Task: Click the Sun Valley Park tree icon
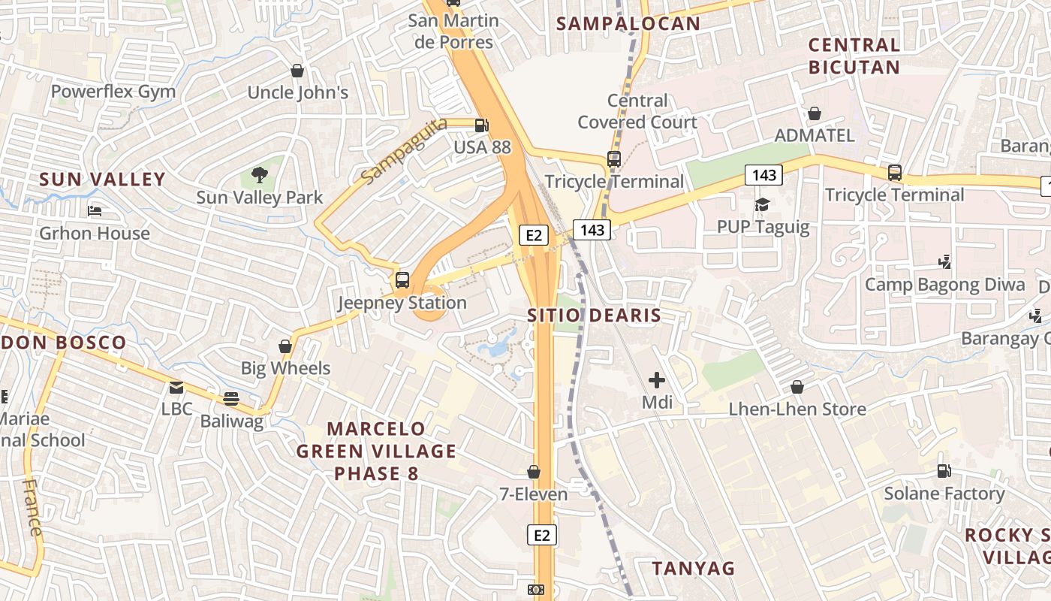tap(260, 175)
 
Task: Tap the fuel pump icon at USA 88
tap(481, 125)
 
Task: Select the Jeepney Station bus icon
tap(402, 280)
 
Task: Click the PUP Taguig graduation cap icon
tap(763, 204)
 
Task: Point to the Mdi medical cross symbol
tap(657, 380)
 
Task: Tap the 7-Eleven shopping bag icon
tap(534, 472)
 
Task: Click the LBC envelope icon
tap(176, 388)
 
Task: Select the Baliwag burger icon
tap(230, 399)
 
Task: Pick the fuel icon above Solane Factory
tap(944, 471)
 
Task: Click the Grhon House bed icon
tap(95, 211)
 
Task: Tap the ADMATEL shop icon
tap(815, 113)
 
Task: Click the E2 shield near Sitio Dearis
tap(533, 235)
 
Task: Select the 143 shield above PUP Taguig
tap(764, 175)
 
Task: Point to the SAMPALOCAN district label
tap(628, 23)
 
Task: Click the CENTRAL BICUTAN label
tap(854, 56)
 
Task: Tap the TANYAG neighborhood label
tap(693, 568)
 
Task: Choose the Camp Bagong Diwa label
tap(944, 285)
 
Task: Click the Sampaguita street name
tap(403, 150)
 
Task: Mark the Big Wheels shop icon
tap(285, 346)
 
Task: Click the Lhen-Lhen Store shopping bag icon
tap(797, 387)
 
